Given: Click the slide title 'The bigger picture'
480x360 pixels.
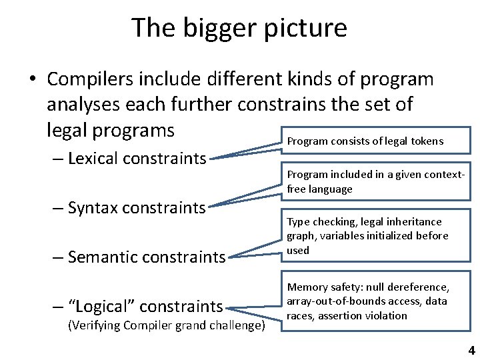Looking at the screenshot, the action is [x=239, y=28].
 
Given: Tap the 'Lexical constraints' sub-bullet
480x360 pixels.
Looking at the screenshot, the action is [x=137, y=159].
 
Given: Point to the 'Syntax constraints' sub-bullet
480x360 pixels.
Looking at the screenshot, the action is [x=137, y=208].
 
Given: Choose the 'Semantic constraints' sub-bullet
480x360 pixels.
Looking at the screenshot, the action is [x=147, y=257].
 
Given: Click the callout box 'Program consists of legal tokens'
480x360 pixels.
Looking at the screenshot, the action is [x=365, y=141].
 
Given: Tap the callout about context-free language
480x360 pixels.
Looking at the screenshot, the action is [x=375, y=181].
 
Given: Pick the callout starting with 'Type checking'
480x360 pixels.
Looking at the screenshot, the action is [x=367, y=235].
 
